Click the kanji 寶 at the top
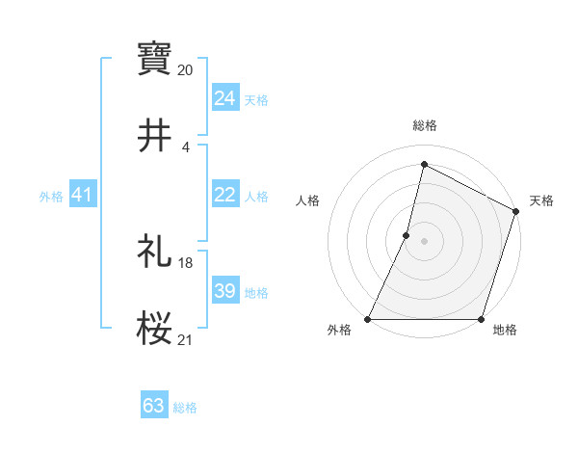point(154,59)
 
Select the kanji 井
point(154,136)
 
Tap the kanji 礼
point(154,251)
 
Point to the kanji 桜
point(154,328)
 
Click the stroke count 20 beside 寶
point(186,70)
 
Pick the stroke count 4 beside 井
point(186,147)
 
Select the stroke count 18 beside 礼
point(186,262)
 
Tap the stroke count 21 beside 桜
point(186,339)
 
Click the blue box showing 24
point(225,97)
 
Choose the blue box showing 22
point(225,195)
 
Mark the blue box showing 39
point(225,291)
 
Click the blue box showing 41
point(82,196)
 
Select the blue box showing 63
point(154,406)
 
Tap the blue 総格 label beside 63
point(185,408)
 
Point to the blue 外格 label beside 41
point(51,197)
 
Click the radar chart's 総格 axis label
point(424,125)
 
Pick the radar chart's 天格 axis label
point(541,200)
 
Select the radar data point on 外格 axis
point(368,319)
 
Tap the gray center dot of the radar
point(424,240)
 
